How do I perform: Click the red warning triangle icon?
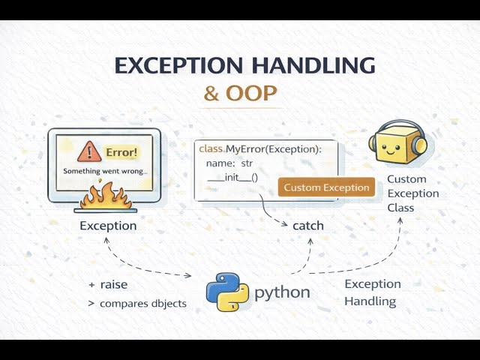(90, 152)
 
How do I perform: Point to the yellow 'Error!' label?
(121, 152)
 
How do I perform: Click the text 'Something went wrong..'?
(105, 172)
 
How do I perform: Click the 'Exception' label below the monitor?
(108, 226)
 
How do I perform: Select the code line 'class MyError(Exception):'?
(259, 148)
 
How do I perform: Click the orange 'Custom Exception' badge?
(326, 187)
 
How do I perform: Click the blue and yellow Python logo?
(227, 292)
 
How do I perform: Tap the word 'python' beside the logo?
(282, 292)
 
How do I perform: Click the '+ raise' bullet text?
(109, 285)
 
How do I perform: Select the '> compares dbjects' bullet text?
(137, 304)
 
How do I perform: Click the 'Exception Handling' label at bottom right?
(372, 292)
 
